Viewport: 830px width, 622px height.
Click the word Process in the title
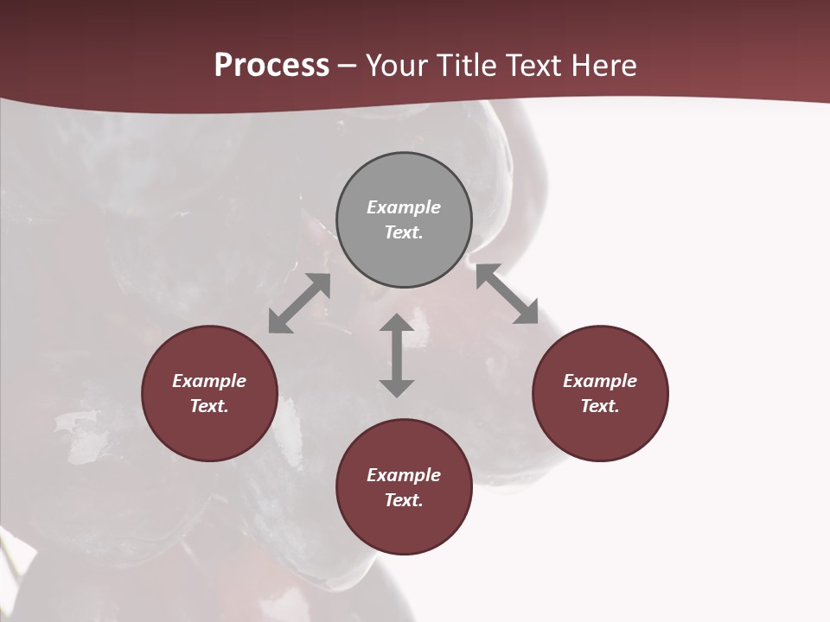(x=271, y=66)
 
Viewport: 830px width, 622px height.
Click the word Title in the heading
(x=468, y=66)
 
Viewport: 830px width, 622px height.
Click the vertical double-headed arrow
(x=397, y=355)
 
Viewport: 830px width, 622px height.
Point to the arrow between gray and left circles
(x=299, y=303)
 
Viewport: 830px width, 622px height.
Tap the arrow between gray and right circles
(x=508, y=295)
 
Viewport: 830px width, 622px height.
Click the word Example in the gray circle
(x=404, y=207)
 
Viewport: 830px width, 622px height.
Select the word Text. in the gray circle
(x=404, y=232)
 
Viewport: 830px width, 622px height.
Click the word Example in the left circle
(x=209, y=381)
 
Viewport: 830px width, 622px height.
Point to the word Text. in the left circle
(x=209, y=406)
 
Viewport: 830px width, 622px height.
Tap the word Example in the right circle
(x=600, y=381)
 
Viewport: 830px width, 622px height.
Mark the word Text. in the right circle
(x=600, y=406)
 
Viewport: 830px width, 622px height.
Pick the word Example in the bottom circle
(x=404, y=475)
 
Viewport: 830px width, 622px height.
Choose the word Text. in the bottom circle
(x=404, y=500)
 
